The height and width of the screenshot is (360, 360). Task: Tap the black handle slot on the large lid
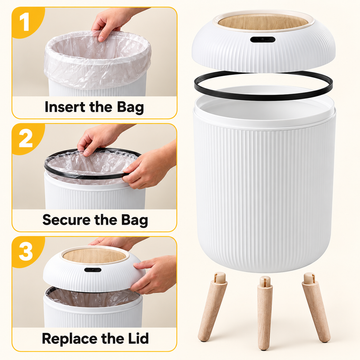[263, 39]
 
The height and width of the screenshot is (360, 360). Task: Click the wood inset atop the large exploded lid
[263, 22]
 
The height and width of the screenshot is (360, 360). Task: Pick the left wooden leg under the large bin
[213, 307]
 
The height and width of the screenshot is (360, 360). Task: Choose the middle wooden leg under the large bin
[265, 312]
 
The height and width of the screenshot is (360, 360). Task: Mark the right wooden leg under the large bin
[316, 307]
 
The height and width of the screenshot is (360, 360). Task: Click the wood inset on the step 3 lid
[95, 256]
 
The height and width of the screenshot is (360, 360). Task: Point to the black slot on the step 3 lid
[93, 270]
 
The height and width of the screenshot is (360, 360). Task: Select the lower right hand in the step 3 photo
[154, 274]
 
